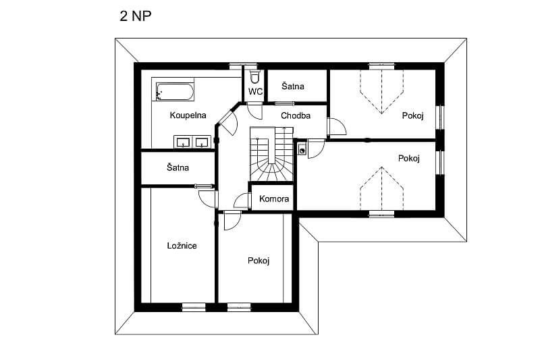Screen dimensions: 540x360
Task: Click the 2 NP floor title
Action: point(136,16)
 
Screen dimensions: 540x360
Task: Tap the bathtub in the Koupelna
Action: point(175,91)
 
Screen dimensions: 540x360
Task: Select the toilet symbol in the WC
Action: point(254,77)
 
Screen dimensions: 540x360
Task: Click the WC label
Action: point(255,92)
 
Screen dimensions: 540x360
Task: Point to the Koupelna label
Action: point(188,115)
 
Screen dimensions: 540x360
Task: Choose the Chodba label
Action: point(296,115)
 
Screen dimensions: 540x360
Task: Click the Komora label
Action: point(274,199)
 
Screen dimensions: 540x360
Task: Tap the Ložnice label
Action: point(182,246)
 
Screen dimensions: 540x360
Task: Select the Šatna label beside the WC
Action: point(293,86)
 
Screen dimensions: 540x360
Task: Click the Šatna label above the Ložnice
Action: point(178,168)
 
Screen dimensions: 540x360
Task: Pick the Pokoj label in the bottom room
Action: point(259,261)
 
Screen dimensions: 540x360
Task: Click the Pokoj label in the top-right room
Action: point(412,115)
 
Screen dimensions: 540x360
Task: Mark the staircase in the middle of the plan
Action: point(271,154)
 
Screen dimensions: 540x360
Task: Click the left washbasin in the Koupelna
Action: point(183,142)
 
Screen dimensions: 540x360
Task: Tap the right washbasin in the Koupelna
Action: point(201,142)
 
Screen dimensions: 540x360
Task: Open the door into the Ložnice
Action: point(208,198)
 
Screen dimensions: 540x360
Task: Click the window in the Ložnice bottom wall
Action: point(194,307)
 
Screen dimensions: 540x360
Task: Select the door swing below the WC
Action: point(254,111)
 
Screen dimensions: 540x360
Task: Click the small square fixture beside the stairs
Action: point(302,150)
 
